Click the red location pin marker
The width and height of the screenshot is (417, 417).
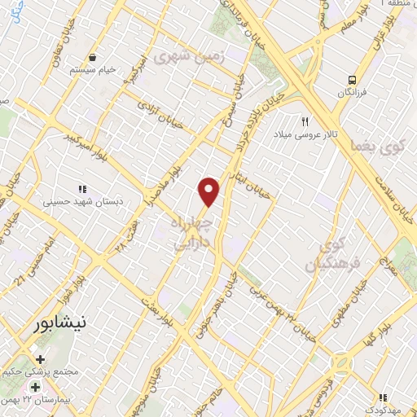209,191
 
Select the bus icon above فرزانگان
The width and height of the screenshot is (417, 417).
353,80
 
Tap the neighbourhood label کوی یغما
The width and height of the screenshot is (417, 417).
367,144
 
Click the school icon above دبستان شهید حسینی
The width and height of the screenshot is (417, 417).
81,188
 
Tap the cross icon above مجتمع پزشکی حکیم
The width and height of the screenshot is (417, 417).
39,359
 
